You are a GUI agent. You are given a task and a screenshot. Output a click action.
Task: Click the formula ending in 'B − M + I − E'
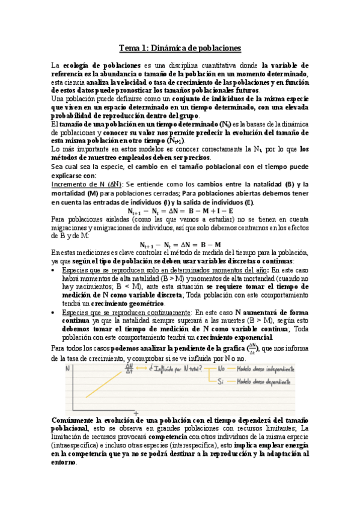[180, 211]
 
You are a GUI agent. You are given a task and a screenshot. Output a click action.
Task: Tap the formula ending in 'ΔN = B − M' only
[180, 245]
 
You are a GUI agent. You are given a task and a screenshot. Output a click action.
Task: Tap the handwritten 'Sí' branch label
[221, 382]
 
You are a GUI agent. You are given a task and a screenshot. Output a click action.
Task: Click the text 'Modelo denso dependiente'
[265, 382]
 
